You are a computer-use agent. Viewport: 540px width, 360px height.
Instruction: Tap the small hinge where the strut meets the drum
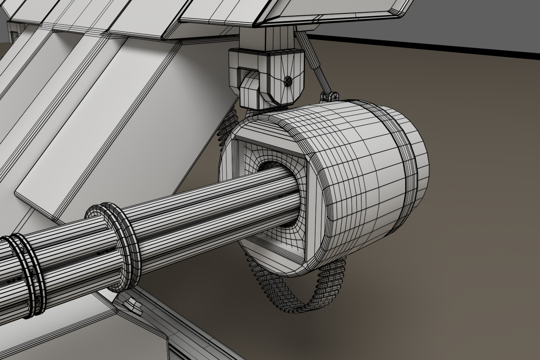click(x=328, y=96)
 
